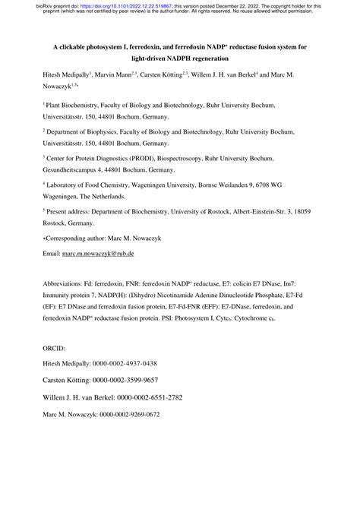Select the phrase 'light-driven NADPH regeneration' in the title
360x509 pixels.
coord(180,58)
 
